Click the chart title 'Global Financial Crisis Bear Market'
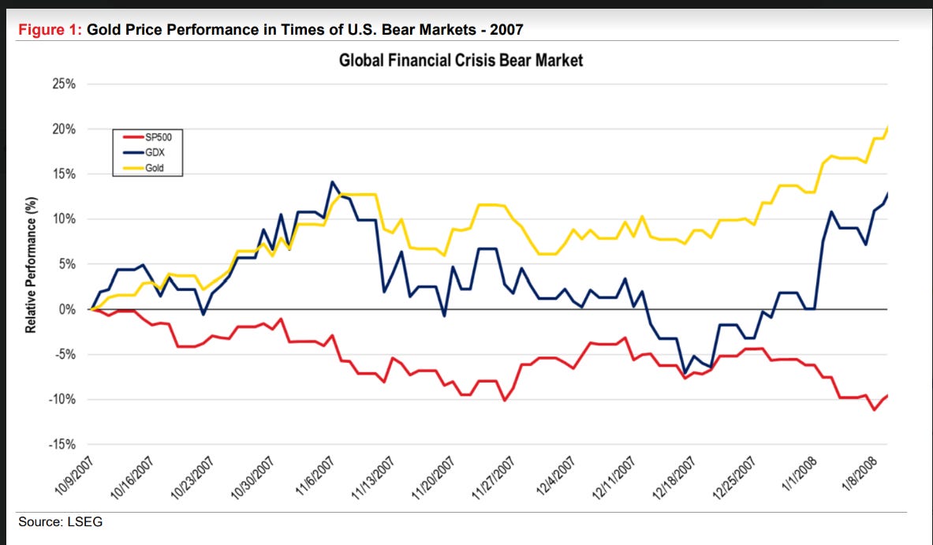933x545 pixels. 461,60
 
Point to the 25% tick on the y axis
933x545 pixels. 63,84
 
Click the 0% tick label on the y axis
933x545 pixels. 67,309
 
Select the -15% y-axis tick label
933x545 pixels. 62,445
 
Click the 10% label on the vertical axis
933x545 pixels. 63,219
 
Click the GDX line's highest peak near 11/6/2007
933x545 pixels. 332,182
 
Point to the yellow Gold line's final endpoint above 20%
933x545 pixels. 889,126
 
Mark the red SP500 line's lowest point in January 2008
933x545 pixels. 874,409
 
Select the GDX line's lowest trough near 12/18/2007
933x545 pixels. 685,373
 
